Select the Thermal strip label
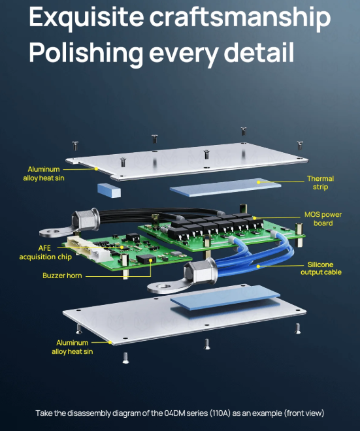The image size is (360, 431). pos(320,183)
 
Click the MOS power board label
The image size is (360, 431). pos(323,219)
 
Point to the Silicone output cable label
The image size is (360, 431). pos(321,268)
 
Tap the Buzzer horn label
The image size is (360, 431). pos(63,276)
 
